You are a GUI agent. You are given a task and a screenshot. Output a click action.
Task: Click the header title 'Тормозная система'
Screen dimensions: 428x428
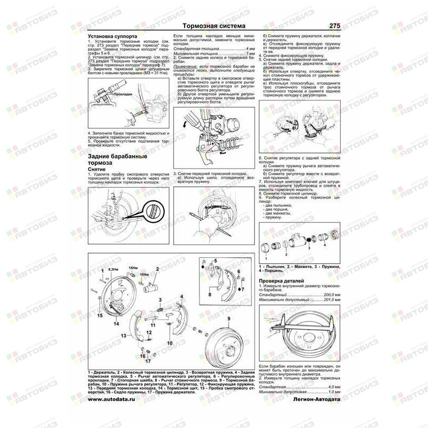point(213,26)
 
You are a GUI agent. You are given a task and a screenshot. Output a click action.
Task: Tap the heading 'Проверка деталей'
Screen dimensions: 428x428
point(281,280)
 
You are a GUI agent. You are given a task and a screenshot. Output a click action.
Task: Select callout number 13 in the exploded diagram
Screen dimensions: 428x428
point(123,335)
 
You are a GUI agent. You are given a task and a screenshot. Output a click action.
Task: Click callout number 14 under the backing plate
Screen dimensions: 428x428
point(116,324)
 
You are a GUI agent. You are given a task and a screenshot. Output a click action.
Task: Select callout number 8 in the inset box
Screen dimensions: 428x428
point(210,294)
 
